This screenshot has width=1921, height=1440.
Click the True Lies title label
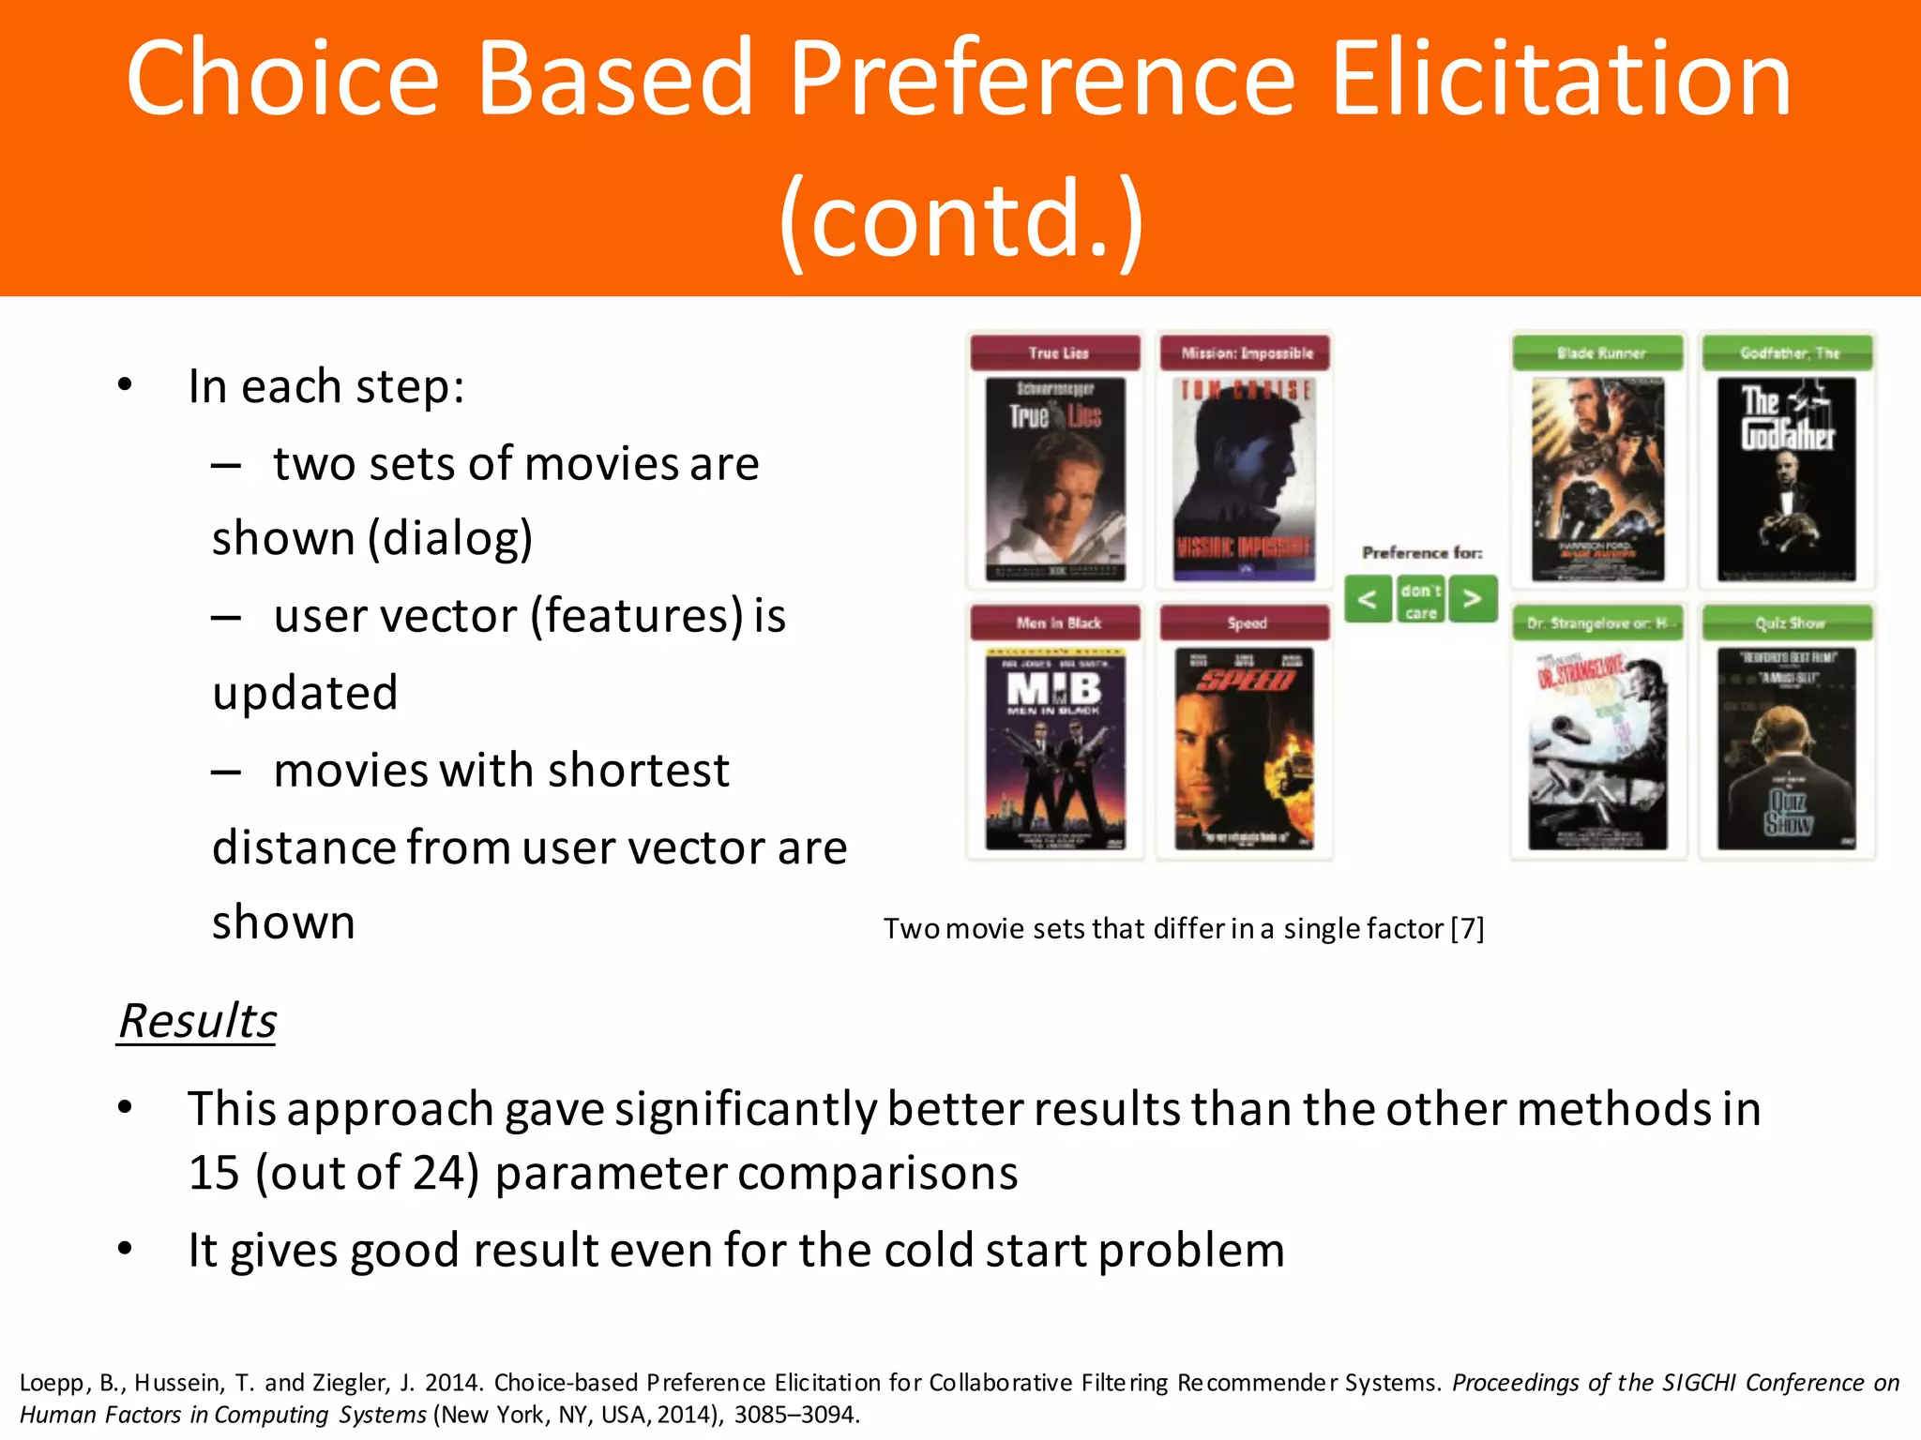coord(1056,353)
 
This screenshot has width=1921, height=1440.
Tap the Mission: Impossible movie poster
coord(1245,479)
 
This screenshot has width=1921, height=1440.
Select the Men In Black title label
coord(1056,622)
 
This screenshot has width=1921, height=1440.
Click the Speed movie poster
coord(1245,748)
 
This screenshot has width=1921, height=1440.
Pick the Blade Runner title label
coord(1599,353)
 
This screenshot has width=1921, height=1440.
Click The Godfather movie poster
coord(1787,479)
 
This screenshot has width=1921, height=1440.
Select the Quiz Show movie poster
coord(1787,748)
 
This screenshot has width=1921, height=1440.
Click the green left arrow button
coord(1369,599)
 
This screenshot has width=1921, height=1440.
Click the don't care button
coord(1420,601)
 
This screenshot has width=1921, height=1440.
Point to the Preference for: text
coord(1422,553)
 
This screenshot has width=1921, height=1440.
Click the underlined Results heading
coord(198,1021)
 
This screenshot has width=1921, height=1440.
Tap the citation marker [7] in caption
coord(1467,928)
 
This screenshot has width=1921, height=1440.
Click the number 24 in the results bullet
coord(438,1172)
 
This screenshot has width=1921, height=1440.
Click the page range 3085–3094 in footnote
coord(795,1414)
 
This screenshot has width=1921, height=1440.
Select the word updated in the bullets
coord(306,693)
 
